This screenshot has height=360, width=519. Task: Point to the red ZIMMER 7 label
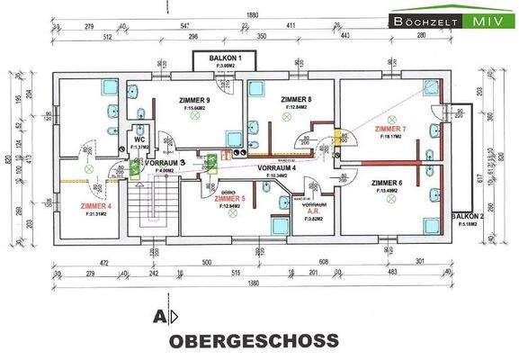[x=390, y=129]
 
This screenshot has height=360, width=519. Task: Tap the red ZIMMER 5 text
[x=230, y=198]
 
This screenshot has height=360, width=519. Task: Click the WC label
[x=139, y=141]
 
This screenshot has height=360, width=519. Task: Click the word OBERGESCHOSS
[x=255, y=341]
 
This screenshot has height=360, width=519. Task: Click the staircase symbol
[x=139, y=203]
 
